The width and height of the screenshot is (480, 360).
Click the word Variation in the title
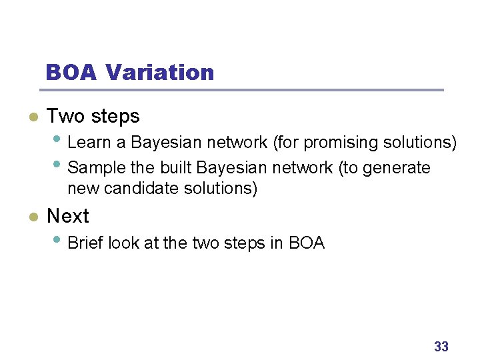tap(160, 72)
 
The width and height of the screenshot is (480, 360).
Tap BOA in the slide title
tap(72, 72)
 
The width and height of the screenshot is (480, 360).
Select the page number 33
tap(441, 347)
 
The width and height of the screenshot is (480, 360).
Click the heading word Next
tap(68, 216)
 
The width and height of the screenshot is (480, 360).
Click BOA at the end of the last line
tap(307, 243)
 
